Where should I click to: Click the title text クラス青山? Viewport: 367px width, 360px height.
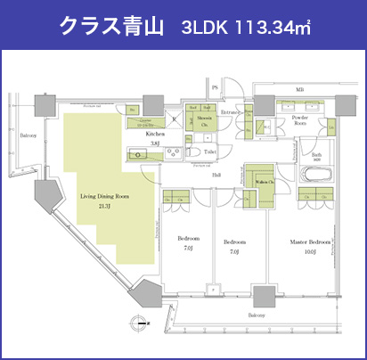(110, 25)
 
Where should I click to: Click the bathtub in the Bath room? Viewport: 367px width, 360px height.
(317, 172)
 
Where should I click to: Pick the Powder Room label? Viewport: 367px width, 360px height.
(299, 121)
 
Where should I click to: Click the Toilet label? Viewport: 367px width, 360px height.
(210, 152)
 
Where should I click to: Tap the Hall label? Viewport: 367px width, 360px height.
(216, 175)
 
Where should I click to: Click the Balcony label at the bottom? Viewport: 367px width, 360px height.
(257, 315)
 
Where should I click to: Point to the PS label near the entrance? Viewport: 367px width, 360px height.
(215, 87)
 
